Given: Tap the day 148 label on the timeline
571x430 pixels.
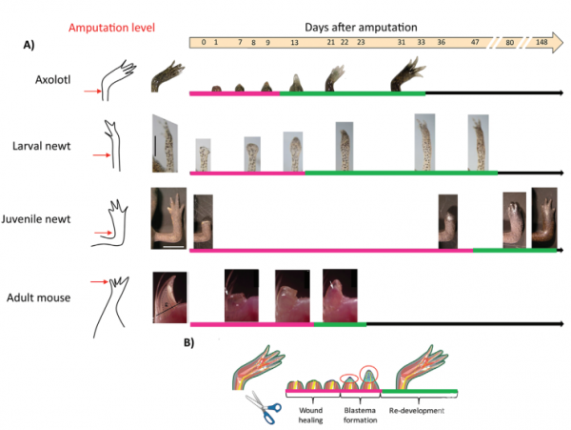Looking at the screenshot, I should point(541,43).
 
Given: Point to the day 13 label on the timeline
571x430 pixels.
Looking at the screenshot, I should point(294,43).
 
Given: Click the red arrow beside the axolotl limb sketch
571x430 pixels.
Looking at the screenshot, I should point(90,92).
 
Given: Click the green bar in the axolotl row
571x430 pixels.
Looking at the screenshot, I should point(352,93).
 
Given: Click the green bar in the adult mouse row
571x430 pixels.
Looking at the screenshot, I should point(339,324).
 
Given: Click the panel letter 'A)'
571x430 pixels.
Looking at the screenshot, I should point(31,44).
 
